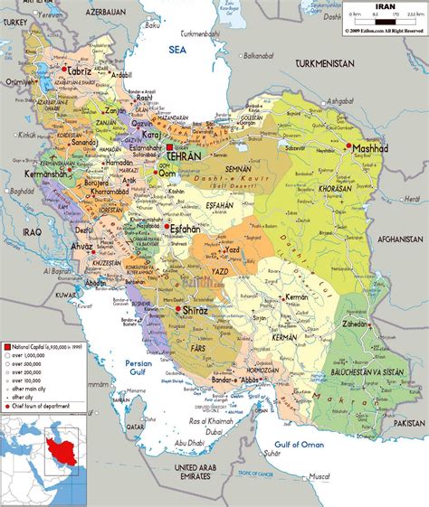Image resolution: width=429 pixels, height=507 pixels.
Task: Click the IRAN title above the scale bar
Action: (384, 7)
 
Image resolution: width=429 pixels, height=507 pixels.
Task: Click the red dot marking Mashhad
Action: (348, 146)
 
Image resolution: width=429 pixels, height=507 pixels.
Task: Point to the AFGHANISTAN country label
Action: (395, 239)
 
